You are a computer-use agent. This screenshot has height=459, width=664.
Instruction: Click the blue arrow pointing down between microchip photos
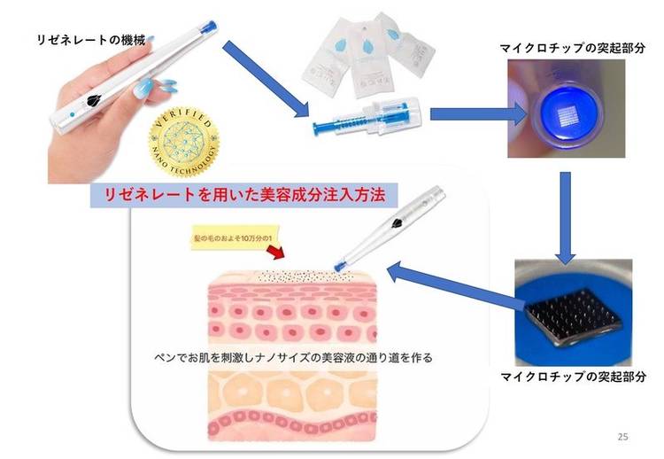[564, 213]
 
